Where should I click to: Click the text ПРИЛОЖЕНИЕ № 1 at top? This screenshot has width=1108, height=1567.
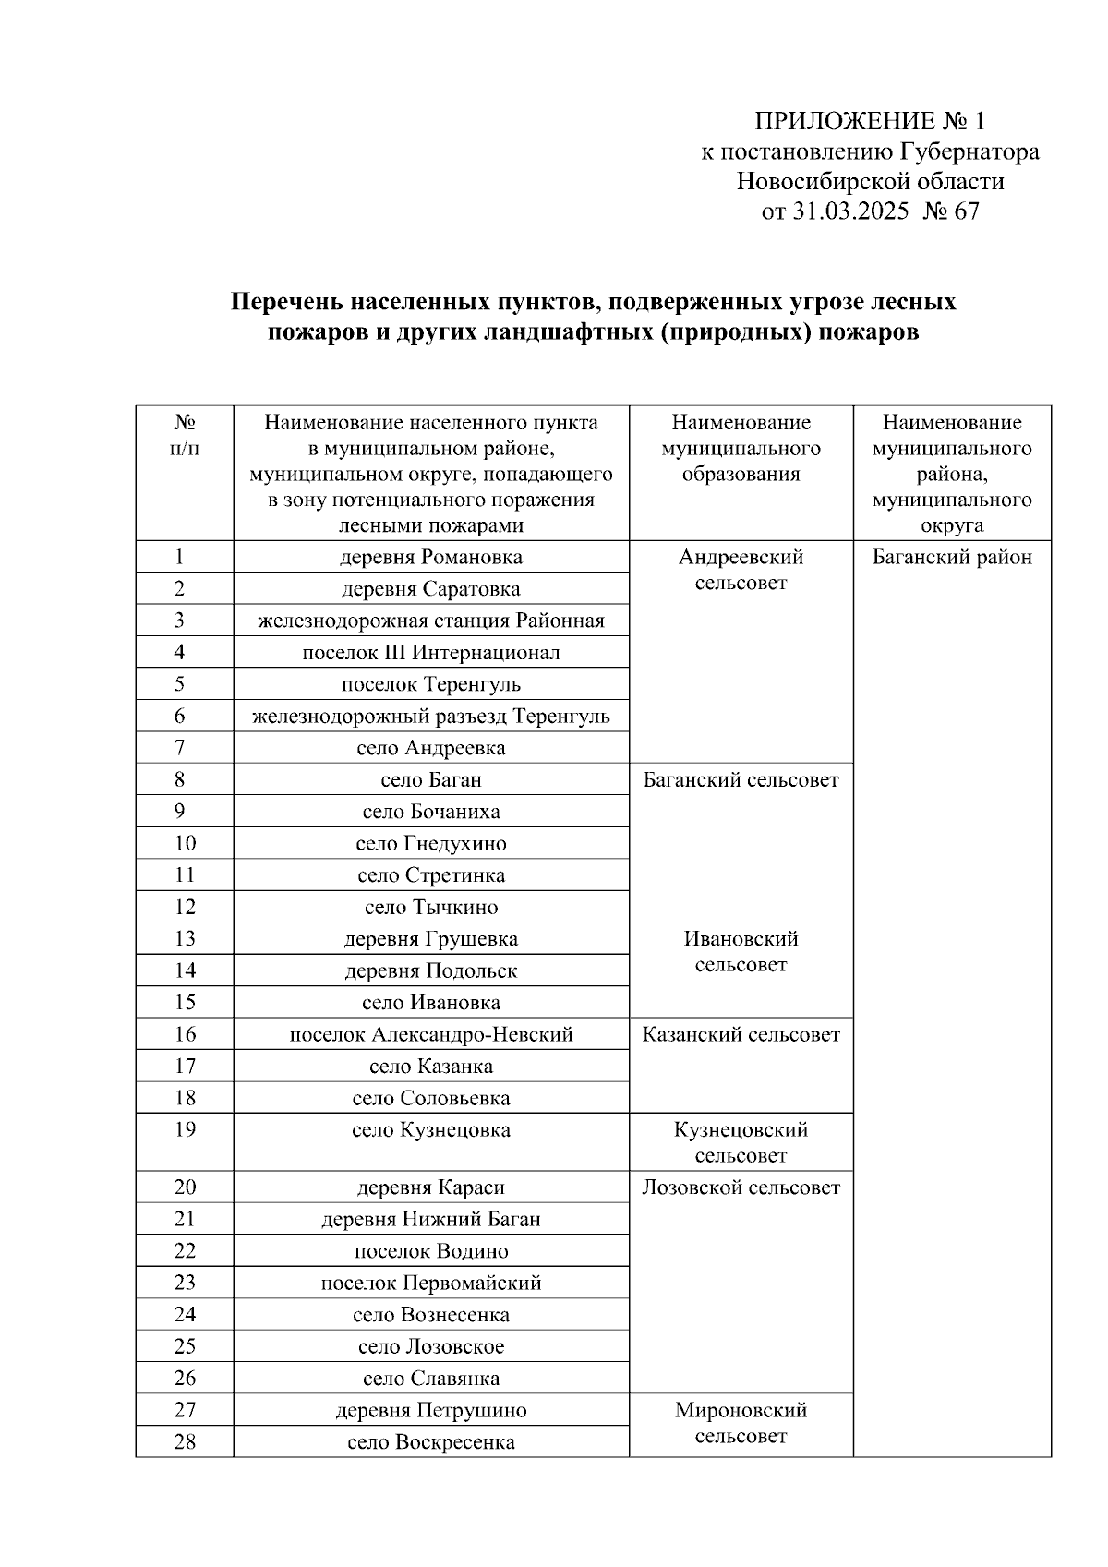[x=870, y=122]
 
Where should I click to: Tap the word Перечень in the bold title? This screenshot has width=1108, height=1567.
[x=287, y=302]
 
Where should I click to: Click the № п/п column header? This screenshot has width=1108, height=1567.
[x=185, y=435]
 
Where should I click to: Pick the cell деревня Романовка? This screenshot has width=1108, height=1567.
[x=430, y=557]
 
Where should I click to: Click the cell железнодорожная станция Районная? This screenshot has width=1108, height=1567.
[x=430, y=621]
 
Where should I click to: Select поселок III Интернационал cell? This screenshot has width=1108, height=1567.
[x=430, y=653]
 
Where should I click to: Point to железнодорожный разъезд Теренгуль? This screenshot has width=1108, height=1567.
[x=430, y=717]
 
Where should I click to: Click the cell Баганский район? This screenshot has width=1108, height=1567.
[x=952, y=557]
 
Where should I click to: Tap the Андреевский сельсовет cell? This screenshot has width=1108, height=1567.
[x=741, y=570]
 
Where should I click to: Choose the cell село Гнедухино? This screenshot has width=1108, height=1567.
[x=430, y=844]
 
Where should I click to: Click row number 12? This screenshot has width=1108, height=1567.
[x=185, y=907]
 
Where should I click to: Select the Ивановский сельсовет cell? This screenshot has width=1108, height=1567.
[x=741, y=952]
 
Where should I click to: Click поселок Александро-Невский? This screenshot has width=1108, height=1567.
[x=430, y=1034]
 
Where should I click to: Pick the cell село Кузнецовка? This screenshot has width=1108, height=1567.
[x=430, y=1130]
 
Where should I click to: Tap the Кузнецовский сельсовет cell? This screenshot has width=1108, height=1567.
[x=741, y=1142]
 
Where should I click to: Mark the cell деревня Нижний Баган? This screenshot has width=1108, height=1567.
[x=430, y=1219]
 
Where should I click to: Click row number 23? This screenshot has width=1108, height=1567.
[x=185, y=1283]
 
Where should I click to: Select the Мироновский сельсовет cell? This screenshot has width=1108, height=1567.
[x=741, y=1423]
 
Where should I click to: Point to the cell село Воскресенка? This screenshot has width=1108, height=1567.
[x=430, y=1442]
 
